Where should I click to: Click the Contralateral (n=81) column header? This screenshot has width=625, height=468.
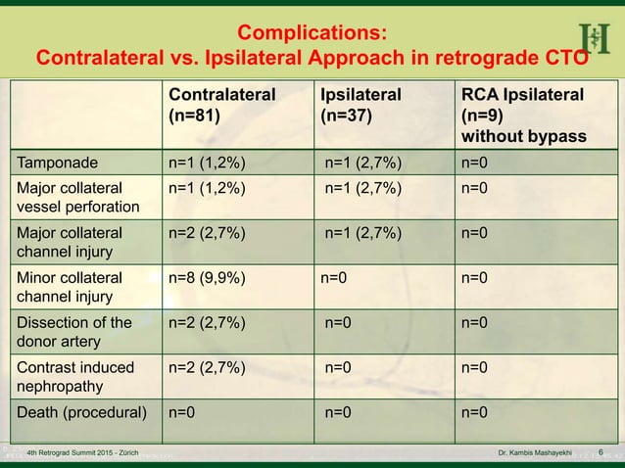click(221, 104)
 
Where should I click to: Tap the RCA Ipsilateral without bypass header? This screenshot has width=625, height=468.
click(524, 115)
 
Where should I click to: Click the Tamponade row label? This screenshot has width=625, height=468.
click(56, 161)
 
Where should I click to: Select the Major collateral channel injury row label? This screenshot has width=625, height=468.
click(68, 243)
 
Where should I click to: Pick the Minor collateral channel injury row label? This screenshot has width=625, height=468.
click(68, 286)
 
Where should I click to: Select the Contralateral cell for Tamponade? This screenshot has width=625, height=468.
click(207, 161)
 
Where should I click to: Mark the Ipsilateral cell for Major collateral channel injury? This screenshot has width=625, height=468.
click(362, 233)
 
